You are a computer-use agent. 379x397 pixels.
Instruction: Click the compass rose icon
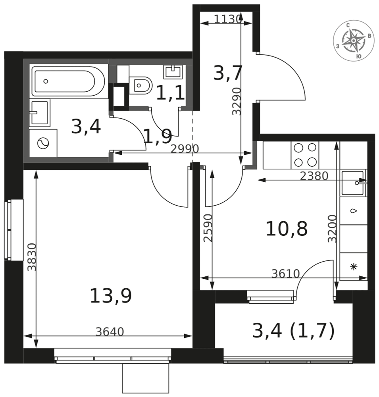(354, 40)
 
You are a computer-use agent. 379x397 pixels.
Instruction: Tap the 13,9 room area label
(111, 295)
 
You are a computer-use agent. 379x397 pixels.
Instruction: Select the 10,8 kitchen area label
(287, 229)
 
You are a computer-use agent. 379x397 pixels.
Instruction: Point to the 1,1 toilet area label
(170, 93)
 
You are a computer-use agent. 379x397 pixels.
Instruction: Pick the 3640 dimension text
(110, 331)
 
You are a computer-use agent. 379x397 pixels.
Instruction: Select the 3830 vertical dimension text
(32, 257)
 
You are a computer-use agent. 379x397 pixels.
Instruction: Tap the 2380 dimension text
(314, 176)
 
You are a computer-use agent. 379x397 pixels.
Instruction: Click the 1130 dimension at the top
(227, 19)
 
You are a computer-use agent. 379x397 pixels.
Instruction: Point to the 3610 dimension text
(286, 274)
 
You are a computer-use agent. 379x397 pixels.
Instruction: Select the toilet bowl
(141, 85)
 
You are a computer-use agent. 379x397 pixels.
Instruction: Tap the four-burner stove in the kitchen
(305, 155)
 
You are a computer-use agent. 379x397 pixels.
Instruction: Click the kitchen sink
(354, 183)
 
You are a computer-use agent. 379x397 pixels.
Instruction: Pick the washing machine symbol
(43, 143)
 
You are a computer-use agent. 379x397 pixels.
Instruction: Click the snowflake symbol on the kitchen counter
(354, 267)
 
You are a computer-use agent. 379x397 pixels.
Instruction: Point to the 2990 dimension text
(185, 149)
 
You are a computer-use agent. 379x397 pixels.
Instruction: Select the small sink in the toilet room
(173, 72)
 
